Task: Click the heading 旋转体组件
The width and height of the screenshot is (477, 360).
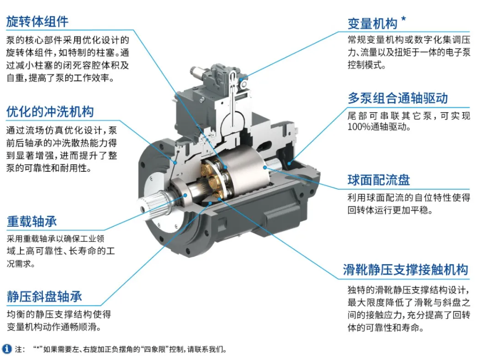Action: (37, 21)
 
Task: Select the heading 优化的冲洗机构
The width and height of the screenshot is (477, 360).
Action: (50, 112)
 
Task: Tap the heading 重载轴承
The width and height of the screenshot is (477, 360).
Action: (32, 221)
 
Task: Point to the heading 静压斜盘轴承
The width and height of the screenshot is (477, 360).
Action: (44, 297)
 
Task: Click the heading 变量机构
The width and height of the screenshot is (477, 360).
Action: (372, 24)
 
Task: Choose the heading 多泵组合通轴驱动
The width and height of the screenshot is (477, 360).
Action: (397, 98)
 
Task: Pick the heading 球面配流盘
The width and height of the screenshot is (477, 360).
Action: (379, 180)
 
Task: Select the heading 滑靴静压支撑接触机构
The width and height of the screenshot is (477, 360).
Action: (405, 270)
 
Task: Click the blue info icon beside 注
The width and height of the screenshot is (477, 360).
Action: (7, 349)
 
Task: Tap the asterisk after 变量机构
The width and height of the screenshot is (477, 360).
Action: (404, 19)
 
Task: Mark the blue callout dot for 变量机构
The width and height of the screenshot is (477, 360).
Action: (242, 80)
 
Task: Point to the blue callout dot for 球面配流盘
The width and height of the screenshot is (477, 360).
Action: (265, 167)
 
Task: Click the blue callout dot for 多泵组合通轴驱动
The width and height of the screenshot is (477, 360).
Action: (289, 163)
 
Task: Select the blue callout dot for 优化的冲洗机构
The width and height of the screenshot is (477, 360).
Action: (176, 163)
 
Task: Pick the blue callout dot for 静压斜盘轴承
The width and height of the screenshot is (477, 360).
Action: (209, 203)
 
